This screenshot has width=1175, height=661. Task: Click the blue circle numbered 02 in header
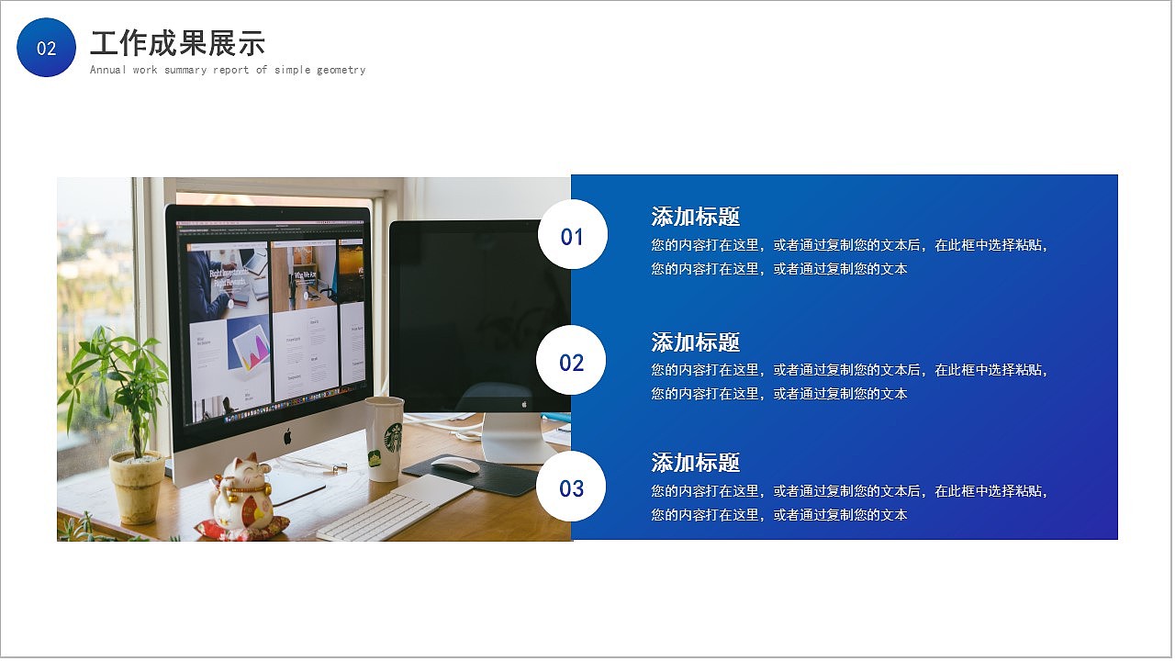click(46, 48)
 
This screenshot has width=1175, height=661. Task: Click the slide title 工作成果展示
click(177, 43)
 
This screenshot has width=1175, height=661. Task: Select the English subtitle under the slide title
click(228, 70)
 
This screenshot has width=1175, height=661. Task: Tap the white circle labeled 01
click(572, 236)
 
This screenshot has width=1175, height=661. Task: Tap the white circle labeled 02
click(571, 362)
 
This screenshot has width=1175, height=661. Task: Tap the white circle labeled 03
click(571, 487)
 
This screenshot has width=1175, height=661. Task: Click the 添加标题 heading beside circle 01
click(695, 217)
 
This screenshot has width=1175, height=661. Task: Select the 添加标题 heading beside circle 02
click(695, 342)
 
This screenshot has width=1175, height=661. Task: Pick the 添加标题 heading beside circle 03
click(695, 463)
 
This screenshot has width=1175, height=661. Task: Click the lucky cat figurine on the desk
click(244, 496)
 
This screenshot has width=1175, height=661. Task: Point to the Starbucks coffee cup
click(384, 439)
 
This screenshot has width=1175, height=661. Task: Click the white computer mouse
click(455, 465)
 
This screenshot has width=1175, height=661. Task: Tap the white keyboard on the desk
click(395, 510)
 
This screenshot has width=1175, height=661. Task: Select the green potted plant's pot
click(137, 487)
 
